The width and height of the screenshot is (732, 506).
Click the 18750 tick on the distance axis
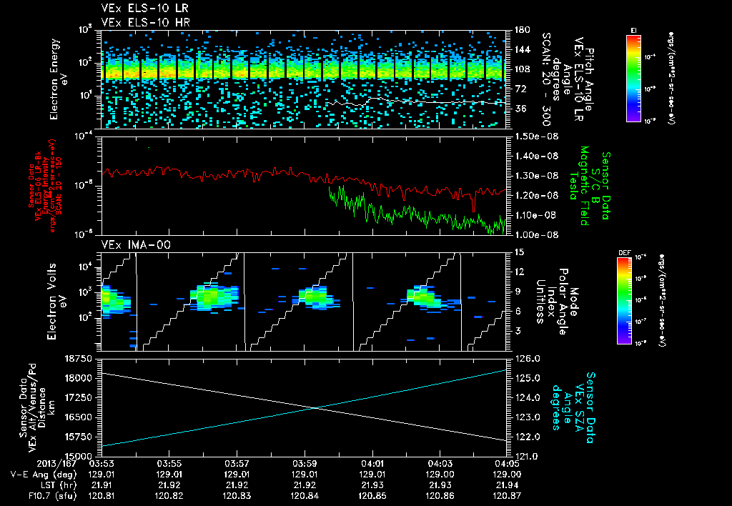[x=78, y=358]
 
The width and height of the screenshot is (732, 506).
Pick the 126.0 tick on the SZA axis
[x=528, y=358]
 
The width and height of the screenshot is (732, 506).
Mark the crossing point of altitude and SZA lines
[x=316, y=407]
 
